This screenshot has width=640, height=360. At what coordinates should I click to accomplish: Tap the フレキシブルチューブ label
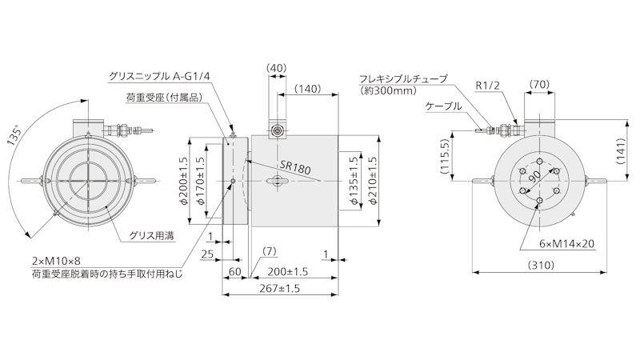pos(402,78)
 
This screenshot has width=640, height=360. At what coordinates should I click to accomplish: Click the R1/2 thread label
pos(487,84)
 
